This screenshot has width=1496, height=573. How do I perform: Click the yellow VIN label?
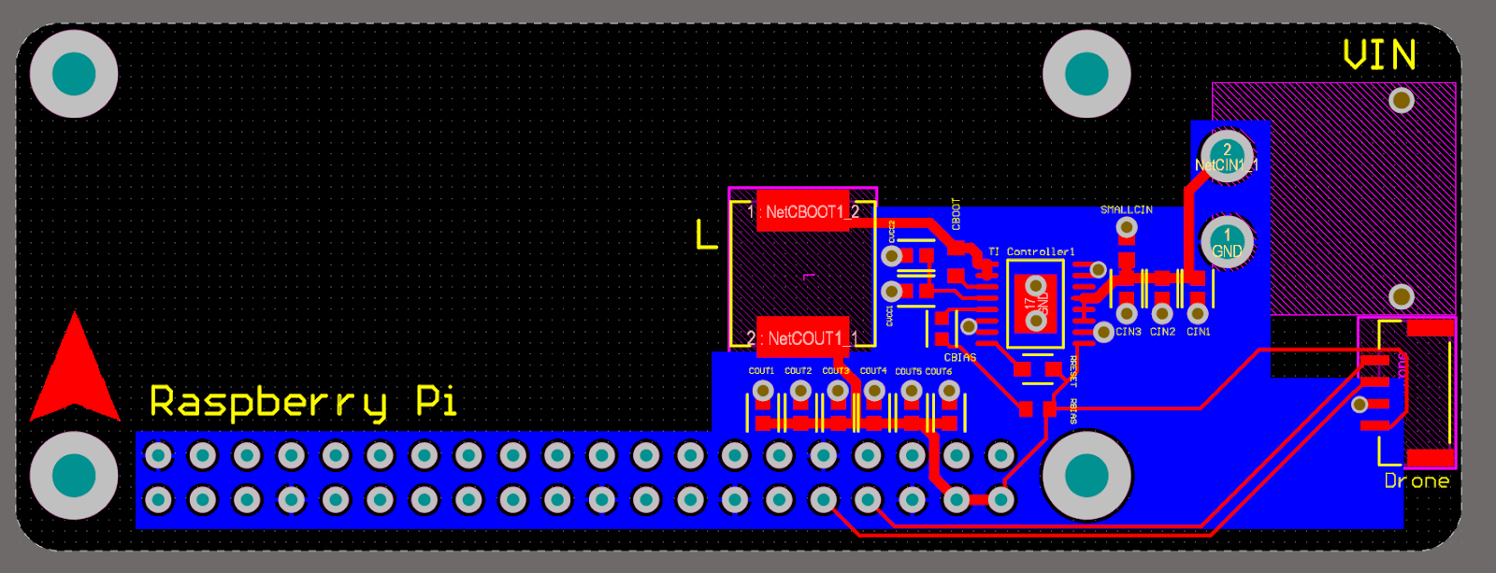click(x=1379, y=56)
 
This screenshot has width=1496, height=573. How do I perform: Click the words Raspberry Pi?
click(x=303, y=402)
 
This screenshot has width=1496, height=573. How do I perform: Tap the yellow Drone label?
click(x=1417, y=481)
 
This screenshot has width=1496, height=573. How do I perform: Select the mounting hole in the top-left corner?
click(x=74, y=74)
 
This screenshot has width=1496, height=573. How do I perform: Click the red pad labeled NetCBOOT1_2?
click(x=803, y=212)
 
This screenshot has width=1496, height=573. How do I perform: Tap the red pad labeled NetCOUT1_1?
click(x=803, y=337)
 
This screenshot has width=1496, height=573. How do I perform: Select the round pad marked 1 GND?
click(x=1227, y=243)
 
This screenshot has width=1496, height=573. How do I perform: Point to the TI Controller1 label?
click(x=1031, y=251)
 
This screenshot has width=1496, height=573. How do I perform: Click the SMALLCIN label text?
click(x=1126, y=210)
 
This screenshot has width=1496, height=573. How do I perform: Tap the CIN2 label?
click(x=1162, y=332)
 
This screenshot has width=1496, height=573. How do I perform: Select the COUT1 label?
click(x=761, y=371)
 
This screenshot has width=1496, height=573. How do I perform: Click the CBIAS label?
click(x=960, y=358)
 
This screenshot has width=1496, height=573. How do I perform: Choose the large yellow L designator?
click(x=707, y=235)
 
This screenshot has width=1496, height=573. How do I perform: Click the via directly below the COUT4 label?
click(x=874, y=391)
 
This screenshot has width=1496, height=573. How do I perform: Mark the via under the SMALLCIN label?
click(x=1128, y=227)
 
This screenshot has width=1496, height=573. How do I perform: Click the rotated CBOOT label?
click(x=956, y=214)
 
